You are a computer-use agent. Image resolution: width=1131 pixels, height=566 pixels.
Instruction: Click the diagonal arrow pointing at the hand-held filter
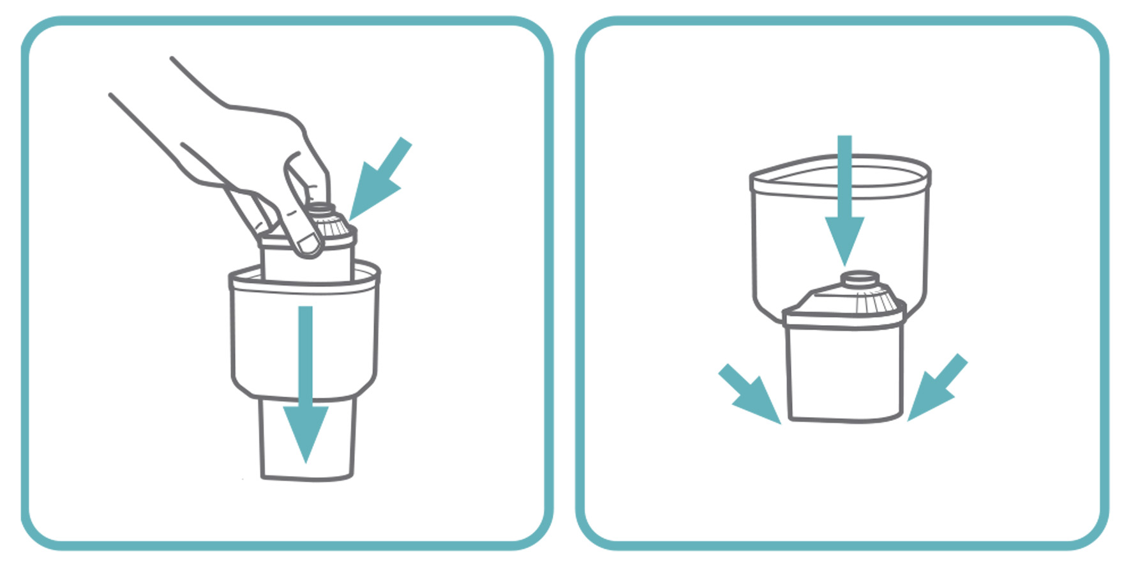[x=380, y=179]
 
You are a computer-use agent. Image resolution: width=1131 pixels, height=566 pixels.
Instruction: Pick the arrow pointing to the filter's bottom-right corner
[x=935, y=390]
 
